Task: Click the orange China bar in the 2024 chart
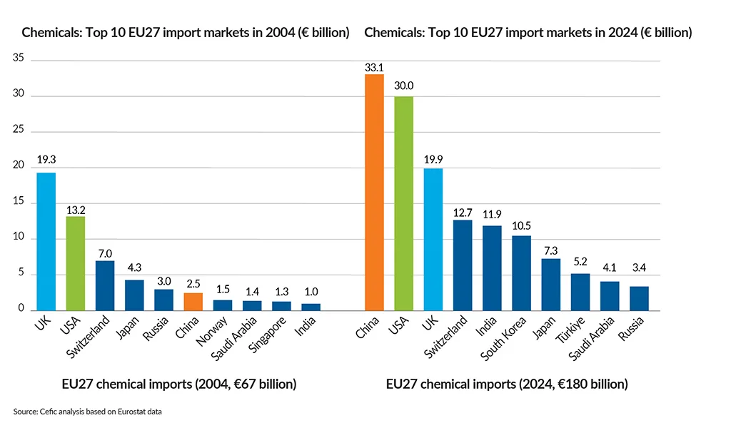click(x=374, y=193)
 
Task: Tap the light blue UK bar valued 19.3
click(x=46, y=241)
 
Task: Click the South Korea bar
click(x=522, y=272)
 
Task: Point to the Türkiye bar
click(x=580, y=292)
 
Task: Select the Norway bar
click(x=222, y=305)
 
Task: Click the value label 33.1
click(x=374, y=66)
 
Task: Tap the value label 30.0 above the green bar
click(x=403, y=86)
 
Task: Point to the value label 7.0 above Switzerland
click(x=105, y=253)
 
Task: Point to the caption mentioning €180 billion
click(x=507, y=384)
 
